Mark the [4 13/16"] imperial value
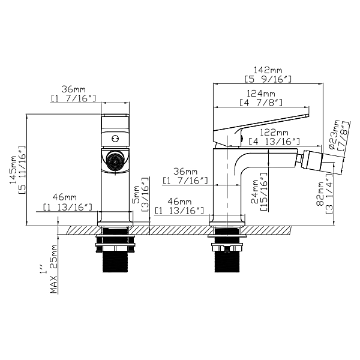coord(275,141)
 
